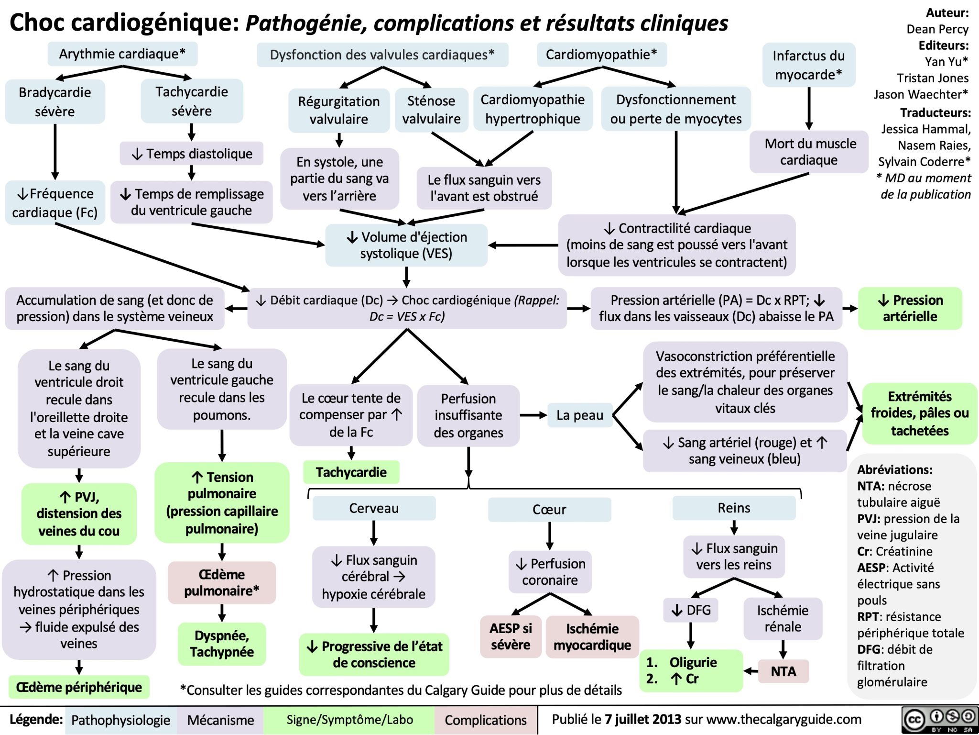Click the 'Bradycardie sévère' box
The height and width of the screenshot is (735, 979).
click(x=54, y=101)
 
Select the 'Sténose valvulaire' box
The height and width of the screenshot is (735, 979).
click(x=431, y=110)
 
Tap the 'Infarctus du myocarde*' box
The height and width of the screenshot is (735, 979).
click(x=808, y=65)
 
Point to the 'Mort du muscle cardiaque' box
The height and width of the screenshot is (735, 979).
click(x=809, y=151)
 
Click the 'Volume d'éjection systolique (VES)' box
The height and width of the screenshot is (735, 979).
click(x=406, y=245)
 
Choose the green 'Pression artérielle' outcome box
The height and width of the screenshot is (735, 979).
click(x=910, y=308)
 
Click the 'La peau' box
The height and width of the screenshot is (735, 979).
click(x=579, y=415)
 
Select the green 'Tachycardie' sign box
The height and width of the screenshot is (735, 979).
click(x=351, y=472)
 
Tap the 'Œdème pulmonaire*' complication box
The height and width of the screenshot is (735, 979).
click(x=222, y=582)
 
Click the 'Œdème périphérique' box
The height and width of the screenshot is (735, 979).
click(x=79, y=687)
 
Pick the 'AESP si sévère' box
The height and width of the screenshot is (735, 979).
click(x=510, y=636)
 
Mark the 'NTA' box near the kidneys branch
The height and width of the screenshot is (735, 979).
click(x=783, y=671)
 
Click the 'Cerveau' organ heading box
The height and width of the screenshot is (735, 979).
click(x=374, y=508)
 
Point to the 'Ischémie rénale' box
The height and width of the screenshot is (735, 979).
click(x=783, y=618)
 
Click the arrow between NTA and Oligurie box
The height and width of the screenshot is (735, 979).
click(x=751, y=671)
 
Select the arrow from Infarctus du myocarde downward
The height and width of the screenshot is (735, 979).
click(x=809, y=108)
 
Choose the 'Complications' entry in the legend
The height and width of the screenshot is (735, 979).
click(x=485, y=720)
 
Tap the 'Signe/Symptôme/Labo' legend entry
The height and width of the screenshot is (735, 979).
click(x=349, y=720)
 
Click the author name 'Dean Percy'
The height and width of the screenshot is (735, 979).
click(x=937, y=29)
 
